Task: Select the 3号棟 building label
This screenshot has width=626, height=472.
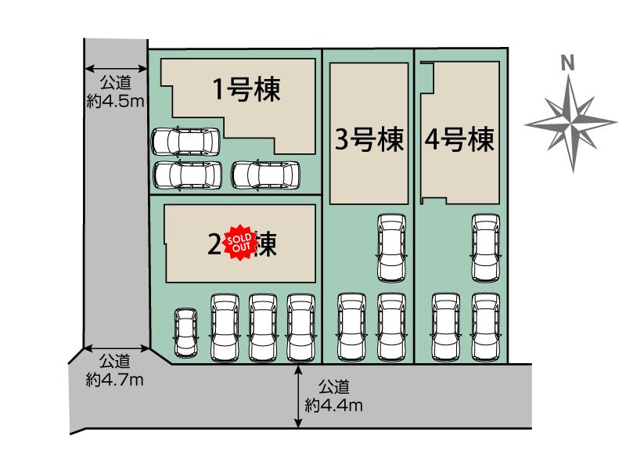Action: coord(369,140)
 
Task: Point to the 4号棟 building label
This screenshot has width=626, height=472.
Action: coord(460,140)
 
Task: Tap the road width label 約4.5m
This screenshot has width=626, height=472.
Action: coord(115,100)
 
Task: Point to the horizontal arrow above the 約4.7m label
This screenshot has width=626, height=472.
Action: coord(117,348)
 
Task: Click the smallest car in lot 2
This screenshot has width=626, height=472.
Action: coord(185,331)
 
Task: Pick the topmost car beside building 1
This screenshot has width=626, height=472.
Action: coord(185,141)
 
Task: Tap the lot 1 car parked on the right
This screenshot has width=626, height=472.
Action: coord(266,174)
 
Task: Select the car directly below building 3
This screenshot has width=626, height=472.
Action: coord(391,247)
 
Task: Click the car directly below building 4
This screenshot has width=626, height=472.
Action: coord(485,247)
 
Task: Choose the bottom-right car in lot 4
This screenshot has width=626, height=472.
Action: coord(485,326)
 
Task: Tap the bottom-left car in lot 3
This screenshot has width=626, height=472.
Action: coord(351,326)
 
